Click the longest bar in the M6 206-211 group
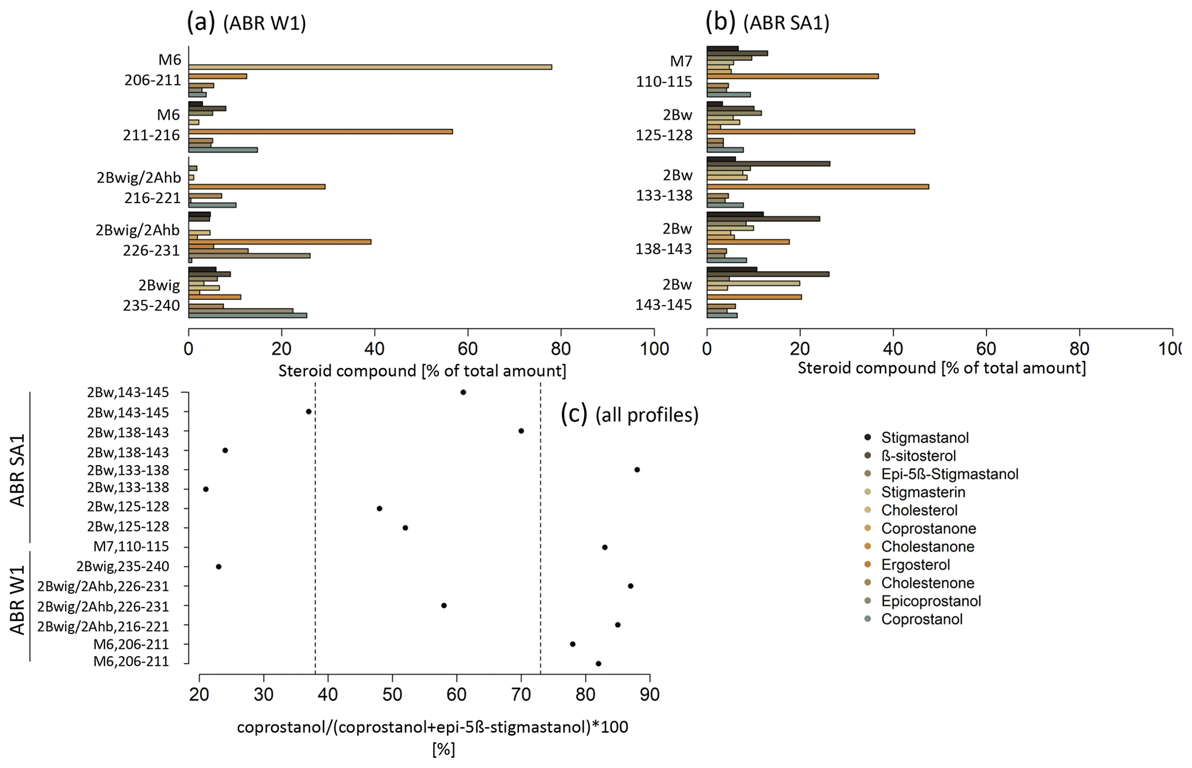coord(370,67)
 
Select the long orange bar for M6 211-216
coord(320,132)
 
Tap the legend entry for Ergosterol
coord(915,565)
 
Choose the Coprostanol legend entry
coord(922,619)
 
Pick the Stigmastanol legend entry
coord(924,437)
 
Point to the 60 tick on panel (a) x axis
coord(468,349)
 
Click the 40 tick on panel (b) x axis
coord(893,349)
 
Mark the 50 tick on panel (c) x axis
coord(393,694)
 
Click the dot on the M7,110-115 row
coord(605,547)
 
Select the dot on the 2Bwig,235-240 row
coord(219,567)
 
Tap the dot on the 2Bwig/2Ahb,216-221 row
coord(618,625)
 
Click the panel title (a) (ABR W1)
coord(246,23)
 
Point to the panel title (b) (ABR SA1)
coord(768,23)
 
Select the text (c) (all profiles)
coord(630,414)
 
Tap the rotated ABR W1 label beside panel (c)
coord(18,600)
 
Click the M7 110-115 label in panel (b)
coord(664,71)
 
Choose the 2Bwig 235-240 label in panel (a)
coord(152,295)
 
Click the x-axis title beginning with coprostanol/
coord(433,727)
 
